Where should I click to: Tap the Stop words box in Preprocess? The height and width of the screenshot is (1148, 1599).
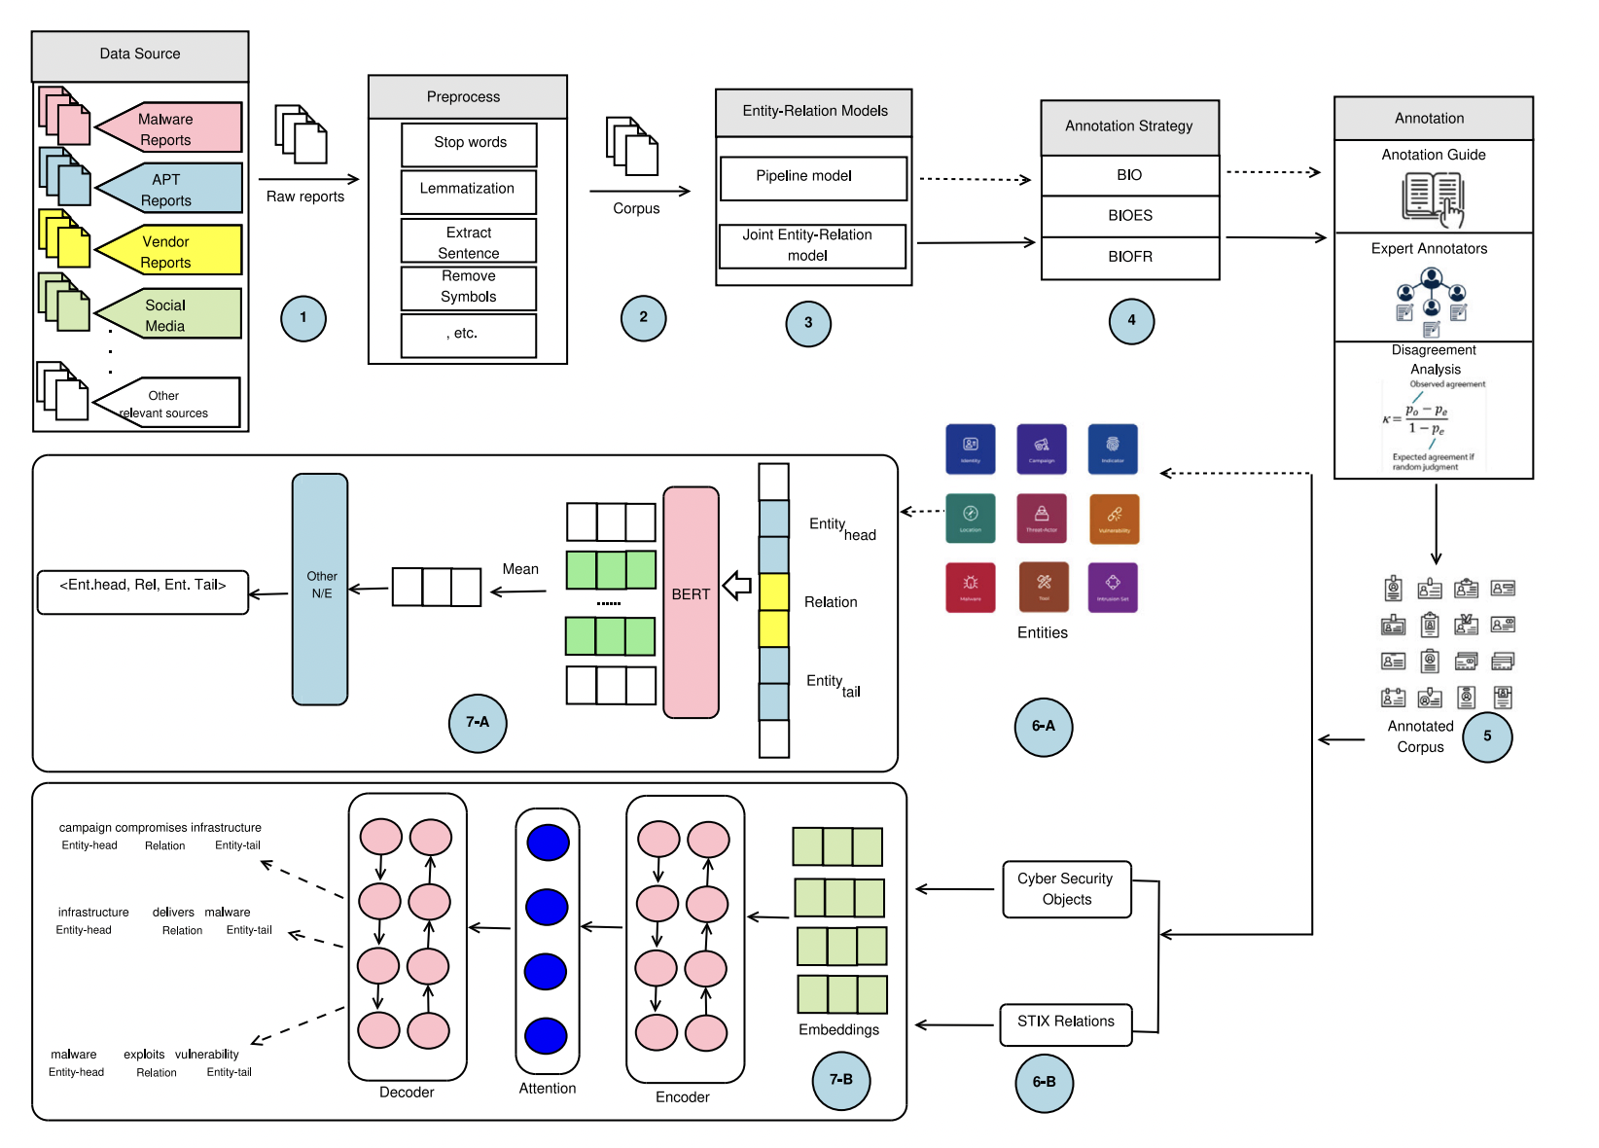click(469, 143)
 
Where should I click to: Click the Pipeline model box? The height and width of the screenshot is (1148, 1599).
click(813, 177)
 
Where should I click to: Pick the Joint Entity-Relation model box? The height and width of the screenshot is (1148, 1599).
click(812, 246)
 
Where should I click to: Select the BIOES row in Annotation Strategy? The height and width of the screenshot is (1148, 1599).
click(1130, 216)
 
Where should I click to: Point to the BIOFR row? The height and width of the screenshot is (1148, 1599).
click(1130, 258)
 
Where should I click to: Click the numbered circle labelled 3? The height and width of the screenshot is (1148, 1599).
click(808, 324)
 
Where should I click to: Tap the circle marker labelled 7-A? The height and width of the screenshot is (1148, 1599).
click(478, 723)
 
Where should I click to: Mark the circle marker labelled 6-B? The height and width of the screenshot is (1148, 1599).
click(1044, 1083)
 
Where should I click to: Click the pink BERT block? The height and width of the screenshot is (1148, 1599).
click(691, 602)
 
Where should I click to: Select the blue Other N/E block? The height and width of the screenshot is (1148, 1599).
click(320, 589)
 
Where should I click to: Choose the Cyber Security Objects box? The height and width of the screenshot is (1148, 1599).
click(1067, 889)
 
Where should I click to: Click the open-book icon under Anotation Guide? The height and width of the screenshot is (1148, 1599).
click(1433, 197)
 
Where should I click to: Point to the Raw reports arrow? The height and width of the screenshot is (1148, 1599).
click(308, 179)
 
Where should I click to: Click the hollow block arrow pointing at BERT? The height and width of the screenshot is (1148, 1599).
click(737, 586)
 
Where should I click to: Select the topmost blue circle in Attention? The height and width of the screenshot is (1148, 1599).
click(548, 843)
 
